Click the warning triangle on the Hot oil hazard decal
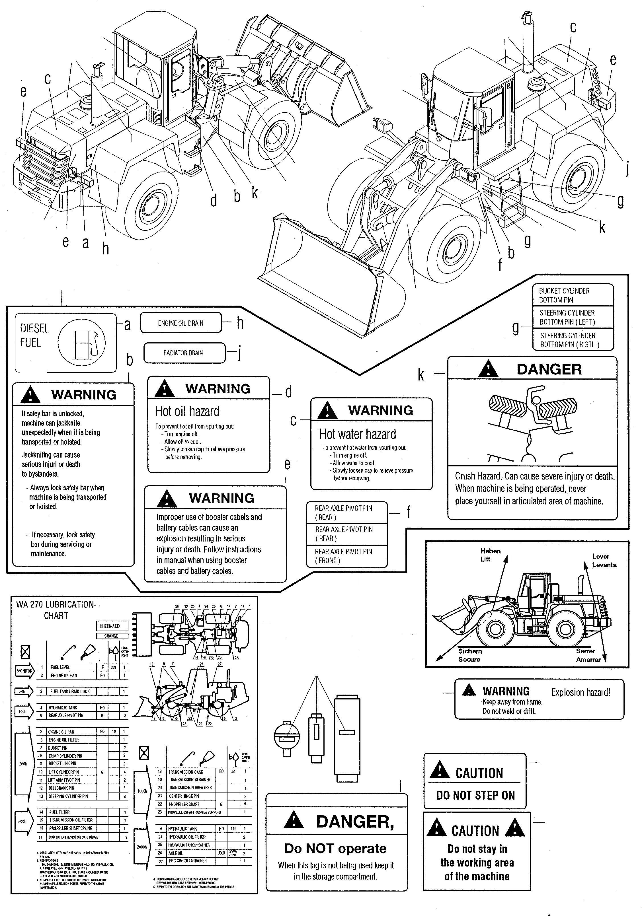point(165,389)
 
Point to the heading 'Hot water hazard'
point(357,434)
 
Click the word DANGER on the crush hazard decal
point(549,369)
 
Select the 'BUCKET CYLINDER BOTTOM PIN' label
point(564,295)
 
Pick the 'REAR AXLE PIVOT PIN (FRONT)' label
point(343,556)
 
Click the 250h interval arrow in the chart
point(23,763)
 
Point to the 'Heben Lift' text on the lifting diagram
point(490,555)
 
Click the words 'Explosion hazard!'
point(581,692)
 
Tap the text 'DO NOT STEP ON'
point(475,795)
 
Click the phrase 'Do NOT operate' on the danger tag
point(335,848)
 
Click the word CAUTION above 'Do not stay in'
point(475,831)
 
